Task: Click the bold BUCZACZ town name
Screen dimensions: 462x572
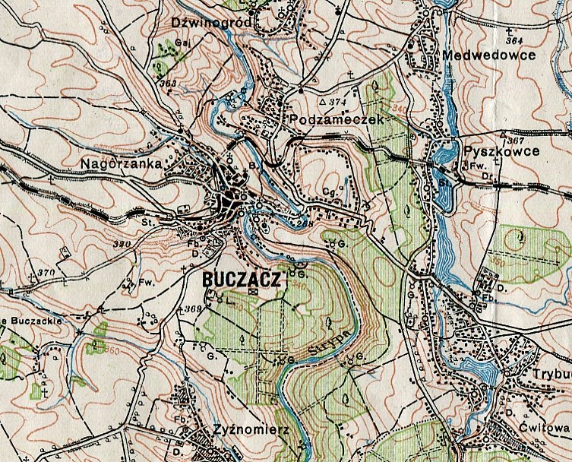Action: (x=242, y=280)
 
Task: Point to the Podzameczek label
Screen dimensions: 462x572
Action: (x=327, y=120)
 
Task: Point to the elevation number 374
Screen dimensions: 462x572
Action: (x=337, y=101)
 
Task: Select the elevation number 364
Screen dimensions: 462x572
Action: (x=514, y=40)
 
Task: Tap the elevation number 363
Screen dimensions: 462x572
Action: (x=168, y=83)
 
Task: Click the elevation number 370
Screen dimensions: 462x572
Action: (x=47, y=272)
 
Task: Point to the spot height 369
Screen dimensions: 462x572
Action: (x=191, y=309)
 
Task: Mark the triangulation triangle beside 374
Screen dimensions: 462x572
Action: (x=322, y=101)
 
